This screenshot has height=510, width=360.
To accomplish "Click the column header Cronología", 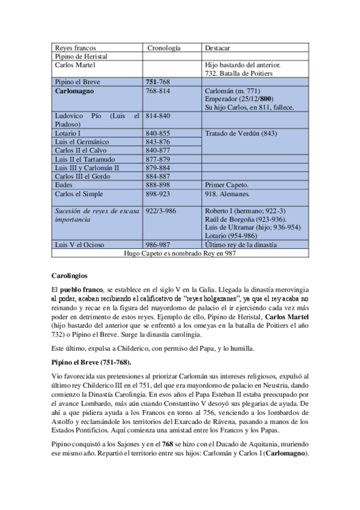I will [163, 48].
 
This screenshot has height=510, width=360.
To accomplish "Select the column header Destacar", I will [218, 48].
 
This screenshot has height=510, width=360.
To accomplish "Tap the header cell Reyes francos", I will [75, 48].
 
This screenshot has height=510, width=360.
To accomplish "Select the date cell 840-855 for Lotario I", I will [157, 133].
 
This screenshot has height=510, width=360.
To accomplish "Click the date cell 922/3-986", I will [161, 211].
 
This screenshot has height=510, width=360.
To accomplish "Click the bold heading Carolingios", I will [70, 276].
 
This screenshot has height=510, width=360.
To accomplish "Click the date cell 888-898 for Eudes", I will [157, 185].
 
